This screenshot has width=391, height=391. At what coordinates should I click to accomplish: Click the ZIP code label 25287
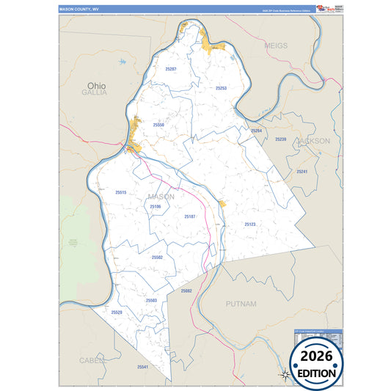[171, 68]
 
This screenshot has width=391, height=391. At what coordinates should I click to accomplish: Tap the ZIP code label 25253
[221, 88]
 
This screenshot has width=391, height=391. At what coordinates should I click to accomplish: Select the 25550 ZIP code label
[158, 125]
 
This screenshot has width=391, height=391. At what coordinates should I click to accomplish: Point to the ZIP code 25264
[256, 131]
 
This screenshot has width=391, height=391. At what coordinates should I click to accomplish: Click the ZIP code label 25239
[280, 139]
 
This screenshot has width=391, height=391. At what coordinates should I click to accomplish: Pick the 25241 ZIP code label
[302, 171]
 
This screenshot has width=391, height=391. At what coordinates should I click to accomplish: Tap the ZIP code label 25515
[121, 192]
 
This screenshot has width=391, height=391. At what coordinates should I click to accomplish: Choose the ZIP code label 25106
[155, 207]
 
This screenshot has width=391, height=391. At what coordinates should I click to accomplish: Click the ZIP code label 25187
[190, 217]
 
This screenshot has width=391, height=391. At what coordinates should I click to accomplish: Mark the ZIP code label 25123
[250, 224]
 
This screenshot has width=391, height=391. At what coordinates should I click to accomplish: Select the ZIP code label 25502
[157, 257]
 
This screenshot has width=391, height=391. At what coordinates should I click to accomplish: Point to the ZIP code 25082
[186, 291]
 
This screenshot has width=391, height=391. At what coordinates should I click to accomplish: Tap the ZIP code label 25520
[117, 313]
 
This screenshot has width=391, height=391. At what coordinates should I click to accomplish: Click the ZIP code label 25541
[142, 367]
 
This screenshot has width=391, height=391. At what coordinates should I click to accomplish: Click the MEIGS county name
[276, 45]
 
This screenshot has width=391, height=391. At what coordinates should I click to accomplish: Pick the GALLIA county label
[95, 94]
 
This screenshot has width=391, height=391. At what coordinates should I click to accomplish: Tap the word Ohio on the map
[95, 85]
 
